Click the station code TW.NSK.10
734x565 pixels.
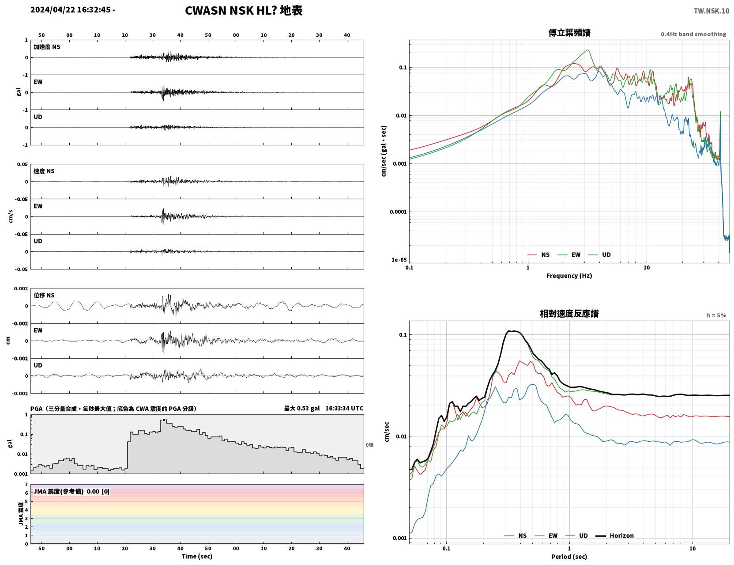pyautogui.click(x=711, y=11)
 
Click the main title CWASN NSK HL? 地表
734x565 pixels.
pyautogui.click(x=244, y=11)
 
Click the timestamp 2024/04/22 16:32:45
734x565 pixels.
pyautogui.click(x=71, y=10)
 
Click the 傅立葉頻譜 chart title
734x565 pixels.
pyautogui.click(x=569, y=33)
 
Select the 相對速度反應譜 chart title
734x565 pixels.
pyautogui.click(x=569, y=314)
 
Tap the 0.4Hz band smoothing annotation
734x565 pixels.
pyautogui.click(x=693, y=34)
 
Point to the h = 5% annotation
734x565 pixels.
pyautogui.click(x=716, y=315)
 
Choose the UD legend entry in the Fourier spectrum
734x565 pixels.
pyautogui.click(x=599, y=255)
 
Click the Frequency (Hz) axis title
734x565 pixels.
pyautogui.click(x=569, y=276)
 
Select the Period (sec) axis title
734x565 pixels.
pyautogui.click(x=569, y=557)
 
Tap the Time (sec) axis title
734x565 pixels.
pyautogui.click(x=197, y=556)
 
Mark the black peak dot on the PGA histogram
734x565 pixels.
pyautogui.click(x=164, y=420)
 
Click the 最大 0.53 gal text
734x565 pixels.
pyautogui.click(x=301, y=408)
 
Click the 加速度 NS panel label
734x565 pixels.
pyautogui.click(x=47, y=47)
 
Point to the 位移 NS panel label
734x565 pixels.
pyautogui.click(x=44, y=296)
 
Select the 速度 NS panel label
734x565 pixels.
pyautogui.click(x=44, y=171)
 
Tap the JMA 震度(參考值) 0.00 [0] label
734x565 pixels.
pyautogui.click(x=71, y=492)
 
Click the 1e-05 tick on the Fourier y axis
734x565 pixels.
pyautogui.click(x=399, y=260)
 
